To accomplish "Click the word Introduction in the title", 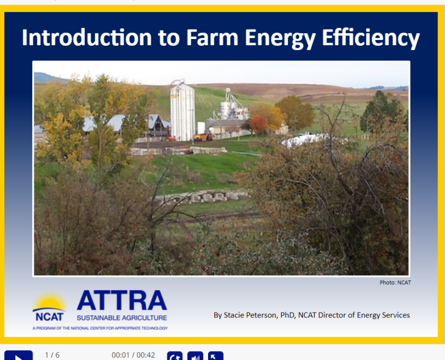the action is (x=86, y=37).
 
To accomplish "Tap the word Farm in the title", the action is (x=212, y=37).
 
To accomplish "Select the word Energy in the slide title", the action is (x=280, y=39).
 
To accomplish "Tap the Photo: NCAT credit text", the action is (x=395, y=283).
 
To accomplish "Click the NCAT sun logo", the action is (x=50, y=306).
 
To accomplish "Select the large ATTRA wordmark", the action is (x=122, y=301).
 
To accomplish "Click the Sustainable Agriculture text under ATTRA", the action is (x=122, y=318).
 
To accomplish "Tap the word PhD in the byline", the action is (x=287, y=315).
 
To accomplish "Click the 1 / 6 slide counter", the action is (x=52, y=355).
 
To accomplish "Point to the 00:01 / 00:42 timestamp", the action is (x=133, y=355).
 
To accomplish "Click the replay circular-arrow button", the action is (x=174, y=356).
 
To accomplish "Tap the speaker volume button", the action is (x=195, y=356).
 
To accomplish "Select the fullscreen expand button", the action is (x=216, y=356).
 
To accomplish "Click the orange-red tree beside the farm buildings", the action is (x=258, y=124).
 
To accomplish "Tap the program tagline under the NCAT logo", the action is (x=100, y=328).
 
